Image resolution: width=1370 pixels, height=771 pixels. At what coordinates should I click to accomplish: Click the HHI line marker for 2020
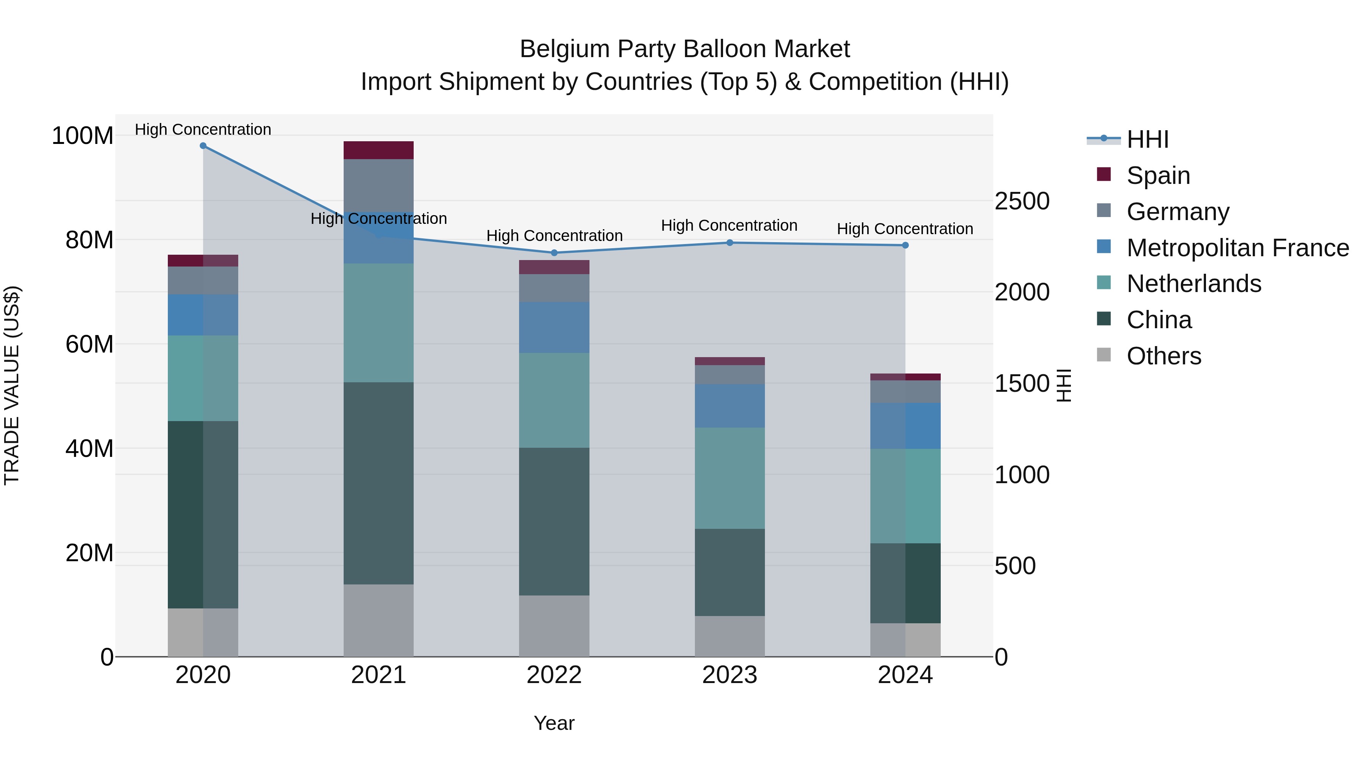pyautogui.click(x=203, y=146)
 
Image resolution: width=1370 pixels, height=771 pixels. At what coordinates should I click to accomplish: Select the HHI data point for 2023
pyautogui.click(x=730, y=243)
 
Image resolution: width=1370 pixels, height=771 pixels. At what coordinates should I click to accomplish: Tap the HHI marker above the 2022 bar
pyautogui.click(x=554, y=253)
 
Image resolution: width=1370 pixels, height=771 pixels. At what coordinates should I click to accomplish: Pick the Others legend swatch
pyautogui.click(x=1104, y=355)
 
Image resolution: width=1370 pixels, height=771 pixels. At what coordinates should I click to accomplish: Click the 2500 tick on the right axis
pyautogui.click(x=1022, y=201)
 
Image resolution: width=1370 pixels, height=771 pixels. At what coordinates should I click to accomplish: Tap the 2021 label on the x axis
pyautogui.click(x=379, y=675)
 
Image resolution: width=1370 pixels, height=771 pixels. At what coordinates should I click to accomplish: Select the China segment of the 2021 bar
pyautogui.click(x=379, y=483)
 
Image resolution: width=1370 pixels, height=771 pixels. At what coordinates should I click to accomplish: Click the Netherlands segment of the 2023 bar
pyautogui.click(x=730, y=478)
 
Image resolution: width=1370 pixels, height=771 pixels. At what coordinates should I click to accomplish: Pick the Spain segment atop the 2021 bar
pyautogui.click(x=379, y=150)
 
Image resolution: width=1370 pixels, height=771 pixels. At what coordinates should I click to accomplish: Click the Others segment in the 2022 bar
pyautogui.click(x=554, y=626)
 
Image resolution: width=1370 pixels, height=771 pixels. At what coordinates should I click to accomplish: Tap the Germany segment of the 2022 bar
pyautogui.click(x=554, y=288)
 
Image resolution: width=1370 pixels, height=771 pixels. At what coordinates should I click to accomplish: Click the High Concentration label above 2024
pyautogui.click(x=905, y=229)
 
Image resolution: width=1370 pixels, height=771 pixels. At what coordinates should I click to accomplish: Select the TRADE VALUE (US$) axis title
pyautogui.click(x=12, y=385)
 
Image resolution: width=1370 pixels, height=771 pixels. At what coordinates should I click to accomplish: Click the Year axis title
pyautogui.click(x=554, y=723)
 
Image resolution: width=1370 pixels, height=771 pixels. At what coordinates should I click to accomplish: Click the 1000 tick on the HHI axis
pyautogui.click(x=1022, y=475)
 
